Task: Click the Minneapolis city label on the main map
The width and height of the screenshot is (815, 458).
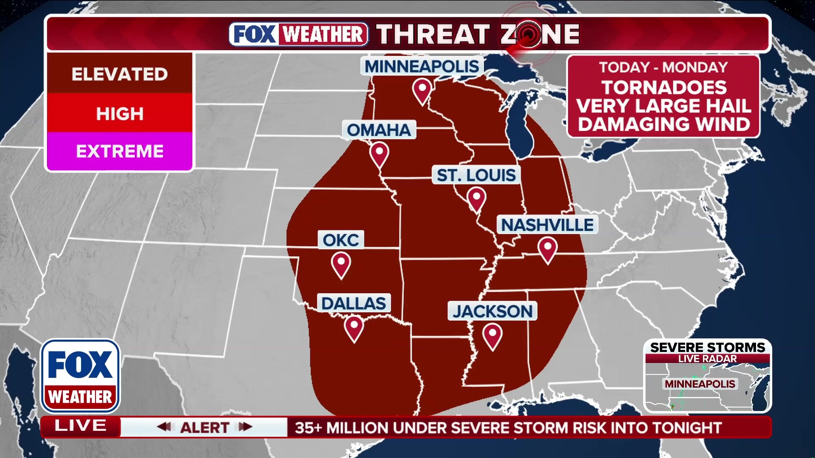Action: point(422,67)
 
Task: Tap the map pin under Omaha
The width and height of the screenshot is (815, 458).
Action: point(379,154)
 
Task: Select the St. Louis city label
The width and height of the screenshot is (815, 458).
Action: point(476,175)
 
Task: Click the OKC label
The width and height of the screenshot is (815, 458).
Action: point(341,240)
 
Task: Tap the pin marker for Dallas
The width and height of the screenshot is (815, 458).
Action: point(354,328)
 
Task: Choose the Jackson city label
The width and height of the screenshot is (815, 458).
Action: point(492,311)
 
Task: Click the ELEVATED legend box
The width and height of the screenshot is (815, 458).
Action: point(120,74)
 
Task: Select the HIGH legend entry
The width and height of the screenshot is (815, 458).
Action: point(120,114)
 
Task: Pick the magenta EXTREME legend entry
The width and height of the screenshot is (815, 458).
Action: point(120,151)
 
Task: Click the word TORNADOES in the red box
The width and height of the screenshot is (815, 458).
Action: point(664,88)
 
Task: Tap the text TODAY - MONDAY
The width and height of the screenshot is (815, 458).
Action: point(663,67)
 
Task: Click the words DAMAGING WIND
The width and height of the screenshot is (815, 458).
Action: point(664,124)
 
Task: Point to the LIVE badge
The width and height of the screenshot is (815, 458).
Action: point(80,426)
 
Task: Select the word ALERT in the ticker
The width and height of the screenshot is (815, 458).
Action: point(205,427)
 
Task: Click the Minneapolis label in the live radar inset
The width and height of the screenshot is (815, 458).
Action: point(700,384)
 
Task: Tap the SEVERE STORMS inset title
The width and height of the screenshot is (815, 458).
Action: point(707,347)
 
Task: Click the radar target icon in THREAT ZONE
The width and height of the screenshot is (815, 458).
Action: point(528,34)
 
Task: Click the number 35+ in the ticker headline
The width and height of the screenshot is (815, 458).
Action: point(309,428)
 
